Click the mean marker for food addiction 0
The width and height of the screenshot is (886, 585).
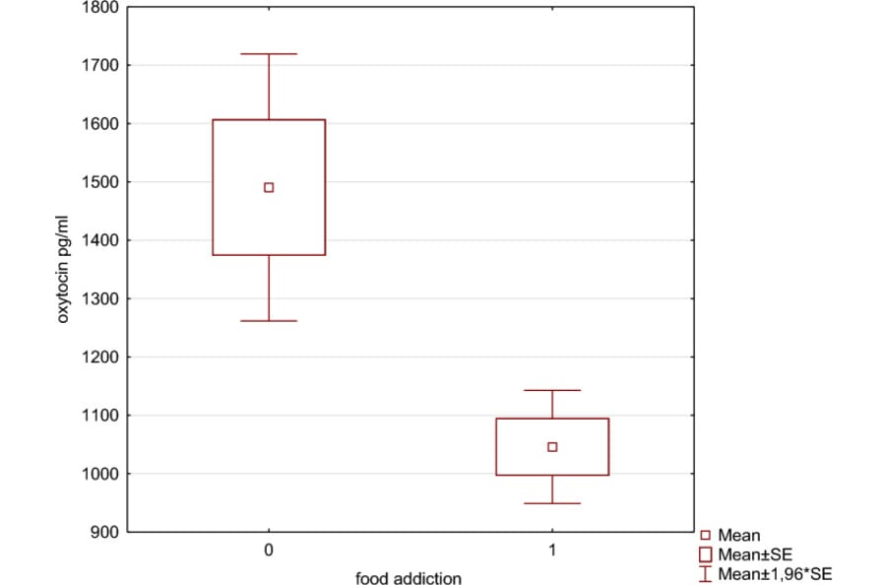[x=269, y=187]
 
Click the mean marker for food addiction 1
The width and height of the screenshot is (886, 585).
[x=552, y=447]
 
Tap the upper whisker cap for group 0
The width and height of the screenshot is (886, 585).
[x=269, y=54]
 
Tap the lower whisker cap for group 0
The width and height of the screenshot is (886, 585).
[x=269, y=321]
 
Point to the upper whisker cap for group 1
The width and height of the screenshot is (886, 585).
[x=552, y=390]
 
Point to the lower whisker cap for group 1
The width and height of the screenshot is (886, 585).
[x=552, y=503]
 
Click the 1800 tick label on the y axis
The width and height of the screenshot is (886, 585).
[x=101, y=8]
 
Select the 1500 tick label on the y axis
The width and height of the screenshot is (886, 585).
[x=101, y=182]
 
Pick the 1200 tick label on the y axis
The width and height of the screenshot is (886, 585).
[x=101, y=357]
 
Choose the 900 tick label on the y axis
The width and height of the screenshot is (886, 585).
[x=105, y=533]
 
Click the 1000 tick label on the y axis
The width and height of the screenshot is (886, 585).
[x=101, y=475]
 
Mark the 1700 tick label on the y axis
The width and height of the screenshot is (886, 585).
[x=101, y=66]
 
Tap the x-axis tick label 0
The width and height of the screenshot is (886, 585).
[x=269, y=550]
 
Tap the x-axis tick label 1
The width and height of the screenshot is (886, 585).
[x=552, y=550]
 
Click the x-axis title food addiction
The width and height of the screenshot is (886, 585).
[x=409, y=578]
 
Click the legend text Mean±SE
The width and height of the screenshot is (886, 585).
[x=755, y=555]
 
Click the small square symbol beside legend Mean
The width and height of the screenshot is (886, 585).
[x=705, y=536]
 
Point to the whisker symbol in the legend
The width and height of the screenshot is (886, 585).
[x=705, y=573]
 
